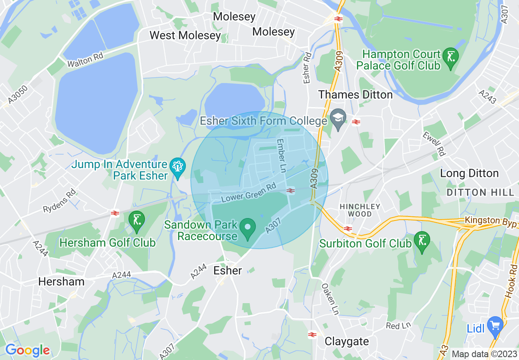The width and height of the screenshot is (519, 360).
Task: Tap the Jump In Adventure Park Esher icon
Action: (178, 167)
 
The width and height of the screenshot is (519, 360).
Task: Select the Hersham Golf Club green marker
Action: (137, 220)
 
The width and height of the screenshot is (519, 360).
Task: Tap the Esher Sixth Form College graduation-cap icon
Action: (338, 119)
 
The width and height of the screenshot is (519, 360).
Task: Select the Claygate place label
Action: (347, 341)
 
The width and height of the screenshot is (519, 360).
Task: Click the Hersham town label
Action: (61, 281)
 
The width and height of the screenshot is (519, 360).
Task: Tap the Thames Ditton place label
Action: (355, 94)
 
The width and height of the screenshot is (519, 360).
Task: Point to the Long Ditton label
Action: (469, 173)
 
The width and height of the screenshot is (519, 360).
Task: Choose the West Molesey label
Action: (185, 35)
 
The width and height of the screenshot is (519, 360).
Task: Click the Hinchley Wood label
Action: (360, 210)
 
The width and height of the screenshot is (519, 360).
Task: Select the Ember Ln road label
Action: (281, 156)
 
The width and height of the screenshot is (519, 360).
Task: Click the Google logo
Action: (27, 351)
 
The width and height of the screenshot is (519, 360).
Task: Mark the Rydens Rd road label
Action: (60, 200)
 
